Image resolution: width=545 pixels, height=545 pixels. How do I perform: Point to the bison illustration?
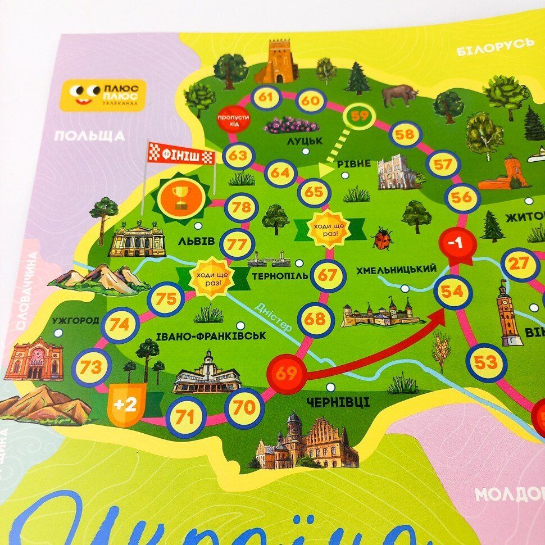tap(399, 95)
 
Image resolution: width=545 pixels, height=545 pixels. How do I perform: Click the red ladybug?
tap(382, 238)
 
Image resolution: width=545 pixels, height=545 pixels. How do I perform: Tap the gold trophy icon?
tap(181, 197)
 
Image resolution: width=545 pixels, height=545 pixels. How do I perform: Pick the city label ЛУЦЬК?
tap(304, 141)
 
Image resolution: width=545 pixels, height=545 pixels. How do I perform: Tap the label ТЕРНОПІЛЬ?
tap(280, 276)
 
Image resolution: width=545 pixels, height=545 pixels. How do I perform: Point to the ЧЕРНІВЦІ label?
tap(338, 402)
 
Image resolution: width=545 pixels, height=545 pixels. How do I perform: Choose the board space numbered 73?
tap(91, 367)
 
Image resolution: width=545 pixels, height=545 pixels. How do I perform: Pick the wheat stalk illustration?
tap(441, 350)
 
